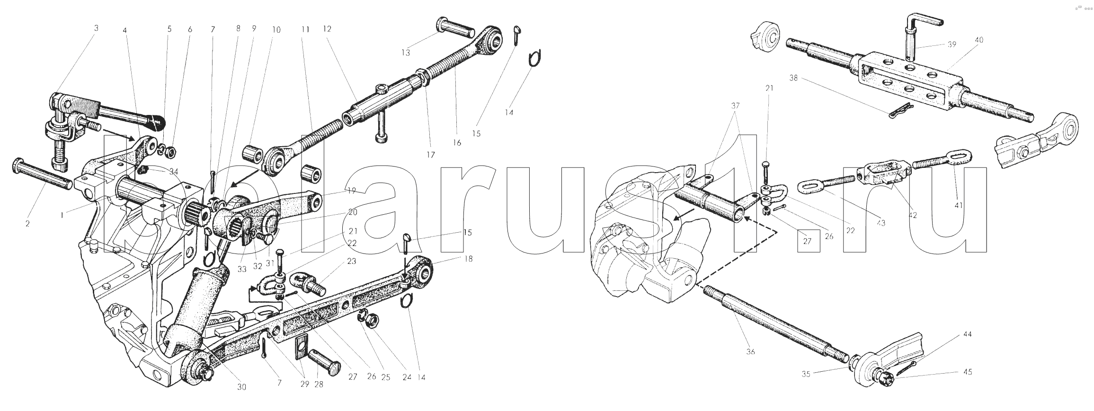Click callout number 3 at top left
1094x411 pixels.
[97, 28]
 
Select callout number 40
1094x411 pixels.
[979, 40]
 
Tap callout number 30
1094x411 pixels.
[241, 387]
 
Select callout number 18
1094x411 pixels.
[469, 259]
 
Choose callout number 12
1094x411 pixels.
[327, 29]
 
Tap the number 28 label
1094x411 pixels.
[319, 385]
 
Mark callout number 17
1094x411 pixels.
[431, 155]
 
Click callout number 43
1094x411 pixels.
[881, 223]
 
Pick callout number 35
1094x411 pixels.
[806, 374]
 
